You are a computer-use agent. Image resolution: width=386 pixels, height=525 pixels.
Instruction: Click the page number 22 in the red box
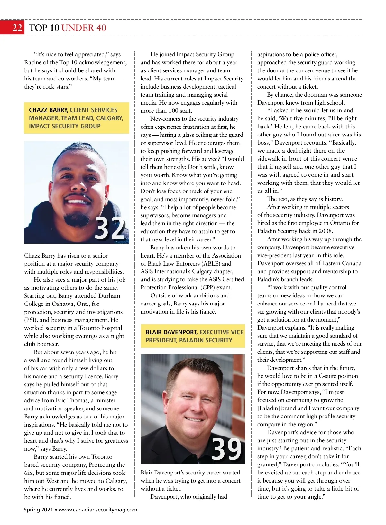[17, 28]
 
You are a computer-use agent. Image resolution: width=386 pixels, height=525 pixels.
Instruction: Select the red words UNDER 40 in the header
[84, 28]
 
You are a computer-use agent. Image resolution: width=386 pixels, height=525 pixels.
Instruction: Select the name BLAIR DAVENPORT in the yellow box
[171, 332]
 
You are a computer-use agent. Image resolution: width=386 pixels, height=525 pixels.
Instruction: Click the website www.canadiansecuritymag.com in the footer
[98, 510]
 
